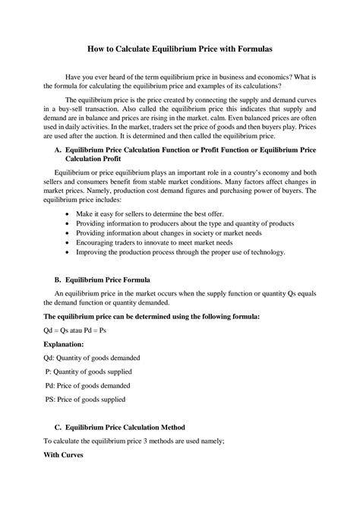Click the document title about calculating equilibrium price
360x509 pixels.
point(179,49)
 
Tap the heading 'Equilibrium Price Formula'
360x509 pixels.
point(113,280)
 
